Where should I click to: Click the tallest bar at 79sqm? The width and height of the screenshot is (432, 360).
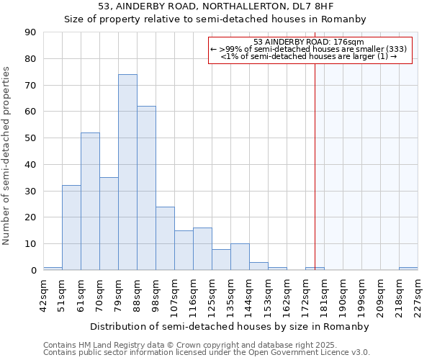127,173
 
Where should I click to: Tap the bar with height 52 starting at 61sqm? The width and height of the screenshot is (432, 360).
90,202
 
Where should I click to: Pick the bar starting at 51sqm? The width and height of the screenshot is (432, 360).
71,228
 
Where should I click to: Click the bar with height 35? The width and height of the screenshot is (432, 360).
109,224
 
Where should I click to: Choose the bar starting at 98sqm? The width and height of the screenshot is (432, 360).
165,238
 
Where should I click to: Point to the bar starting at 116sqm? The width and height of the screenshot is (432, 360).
202,249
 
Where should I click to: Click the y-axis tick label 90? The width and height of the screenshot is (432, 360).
30,32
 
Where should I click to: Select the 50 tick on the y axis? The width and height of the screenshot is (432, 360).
30,138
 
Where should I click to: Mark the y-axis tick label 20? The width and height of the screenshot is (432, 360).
30,217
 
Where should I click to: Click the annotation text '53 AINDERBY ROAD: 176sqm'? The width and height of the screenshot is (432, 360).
309,42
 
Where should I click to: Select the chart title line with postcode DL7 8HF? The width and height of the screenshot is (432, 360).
215,7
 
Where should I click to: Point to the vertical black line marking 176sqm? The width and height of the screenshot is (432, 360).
315,166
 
